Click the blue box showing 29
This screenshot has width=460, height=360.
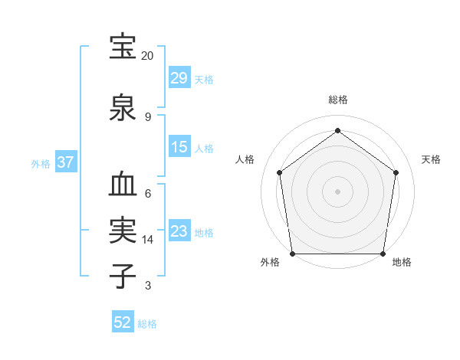pos(179,78)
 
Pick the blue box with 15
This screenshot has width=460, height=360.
pos(179,147)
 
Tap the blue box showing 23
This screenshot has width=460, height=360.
pos(179,231)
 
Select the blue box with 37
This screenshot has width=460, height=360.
pos(66,162)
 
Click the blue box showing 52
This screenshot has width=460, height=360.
pos(123,322)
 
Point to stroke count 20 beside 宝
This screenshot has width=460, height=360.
pos(147,56)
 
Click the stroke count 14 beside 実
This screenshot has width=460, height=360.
pos(147,240)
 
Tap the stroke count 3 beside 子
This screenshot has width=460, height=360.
pos(147,286)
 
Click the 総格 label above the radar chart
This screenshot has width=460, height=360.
pos(338,100)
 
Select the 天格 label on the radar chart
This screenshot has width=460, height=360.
pos(432,159)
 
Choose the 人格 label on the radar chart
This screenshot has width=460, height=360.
pos(245,159)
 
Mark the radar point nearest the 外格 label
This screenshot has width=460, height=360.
pos(293,254)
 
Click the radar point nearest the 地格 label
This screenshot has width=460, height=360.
pos(383,254)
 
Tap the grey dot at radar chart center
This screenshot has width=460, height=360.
pos(338,191)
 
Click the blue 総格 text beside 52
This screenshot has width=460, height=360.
pos(147,324)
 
